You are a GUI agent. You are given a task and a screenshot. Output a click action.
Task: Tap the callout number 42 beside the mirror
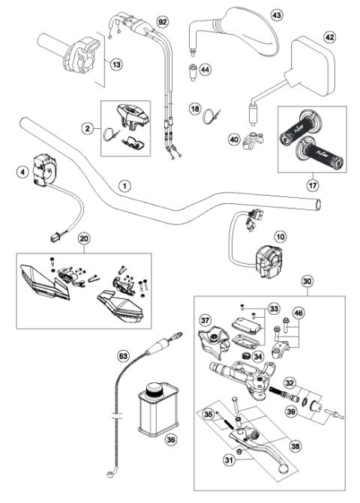point(328,36)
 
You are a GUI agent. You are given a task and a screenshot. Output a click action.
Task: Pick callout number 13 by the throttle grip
point(115,65)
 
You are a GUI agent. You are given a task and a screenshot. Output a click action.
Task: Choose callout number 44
point(204,70)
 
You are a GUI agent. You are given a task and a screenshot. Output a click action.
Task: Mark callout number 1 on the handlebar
point(125,184)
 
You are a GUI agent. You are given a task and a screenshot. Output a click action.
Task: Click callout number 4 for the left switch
point(23,172)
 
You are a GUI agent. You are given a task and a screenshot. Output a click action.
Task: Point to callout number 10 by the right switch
point(280,237)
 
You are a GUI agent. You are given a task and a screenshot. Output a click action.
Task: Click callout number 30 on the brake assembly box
point(307,282)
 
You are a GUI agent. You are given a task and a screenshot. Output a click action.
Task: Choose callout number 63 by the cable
point(123,355)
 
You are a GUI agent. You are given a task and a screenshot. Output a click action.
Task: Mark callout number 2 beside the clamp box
point(88,129)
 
